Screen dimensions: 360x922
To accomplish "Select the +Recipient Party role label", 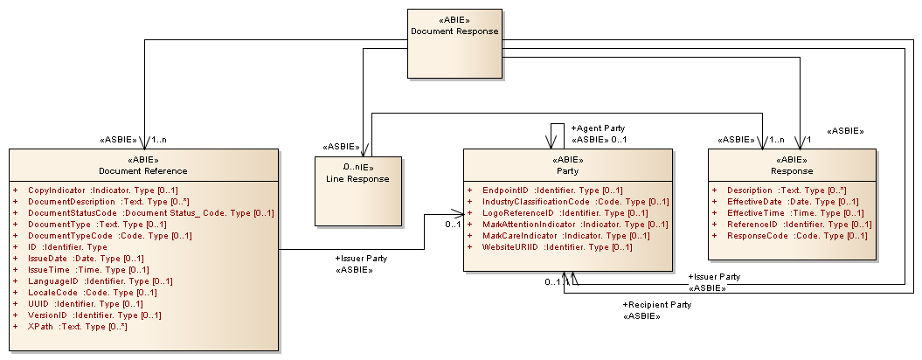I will (656, 304).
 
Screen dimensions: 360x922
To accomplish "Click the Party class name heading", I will (568, 170).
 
